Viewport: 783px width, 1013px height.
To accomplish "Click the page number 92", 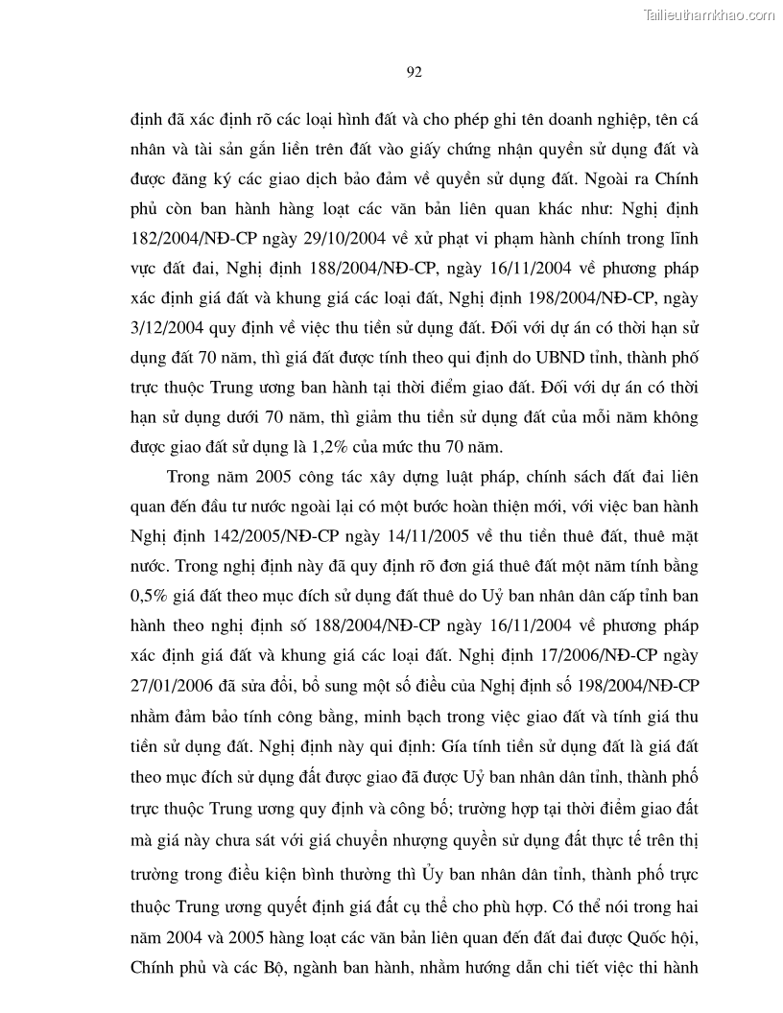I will (x=415, y=73).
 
